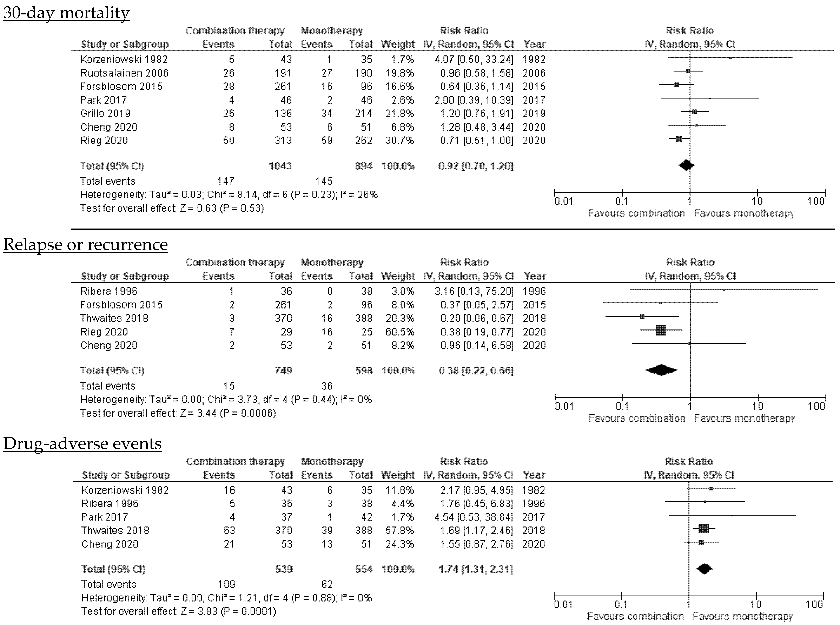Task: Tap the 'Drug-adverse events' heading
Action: tap(82, 443)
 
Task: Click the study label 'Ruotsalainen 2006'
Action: tap(124, 73)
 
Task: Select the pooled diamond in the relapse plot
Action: tap(661, 370)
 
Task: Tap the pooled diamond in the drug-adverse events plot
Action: tap(704, 569)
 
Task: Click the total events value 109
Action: tap(226, 585)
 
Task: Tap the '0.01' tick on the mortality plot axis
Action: tap(564, 201)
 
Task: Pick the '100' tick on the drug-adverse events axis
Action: tap(814, 605)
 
